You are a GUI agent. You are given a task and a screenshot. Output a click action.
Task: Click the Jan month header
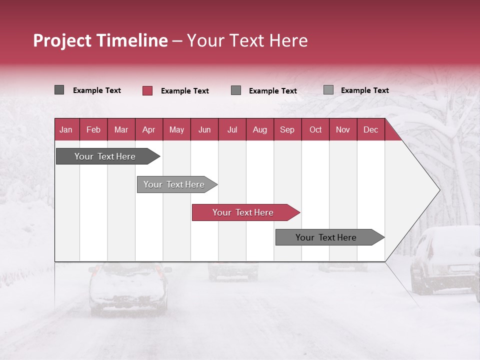[66, 129]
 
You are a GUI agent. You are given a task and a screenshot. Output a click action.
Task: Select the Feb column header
[93, 129]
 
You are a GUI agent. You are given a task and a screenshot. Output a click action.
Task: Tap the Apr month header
[148, 129]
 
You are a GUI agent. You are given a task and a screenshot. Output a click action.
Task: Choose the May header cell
[176, 129]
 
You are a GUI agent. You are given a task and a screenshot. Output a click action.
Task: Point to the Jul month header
[232, 129]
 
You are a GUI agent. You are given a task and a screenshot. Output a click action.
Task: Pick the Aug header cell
[259, 129]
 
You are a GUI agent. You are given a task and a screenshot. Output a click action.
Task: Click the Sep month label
[287, 129]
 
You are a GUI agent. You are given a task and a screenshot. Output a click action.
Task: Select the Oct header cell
[315, 129]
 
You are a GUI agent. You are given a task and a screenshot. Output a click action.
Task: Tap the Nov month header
[343, 129]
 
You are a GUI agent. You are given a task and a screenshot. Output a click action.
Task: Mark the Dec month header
[370, 129]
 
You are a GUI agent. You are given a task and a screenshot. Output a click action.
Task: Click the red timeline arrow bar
[245, 212]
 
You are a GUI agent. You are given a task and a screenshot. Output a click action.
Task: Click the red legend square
[147, 90]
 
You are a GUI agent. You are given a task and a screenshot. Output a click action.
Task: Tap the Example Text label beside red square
[184, 91]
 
